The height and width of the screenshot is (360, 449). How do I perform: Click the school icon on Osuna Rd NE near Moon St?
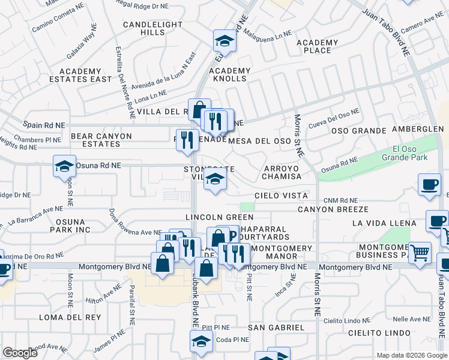65,166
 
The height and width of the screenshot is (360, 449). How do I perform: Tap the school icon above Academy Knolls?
225,41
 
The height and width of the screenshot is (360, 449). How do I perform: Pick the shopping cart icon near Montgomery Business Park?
420,252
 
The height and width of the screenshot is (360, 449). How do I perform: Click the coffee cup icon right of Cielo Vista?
429,185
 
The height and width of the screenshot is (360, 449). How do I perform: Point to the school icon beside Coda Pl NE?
200,341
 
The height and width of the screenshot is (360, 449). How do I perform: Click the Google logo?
20,353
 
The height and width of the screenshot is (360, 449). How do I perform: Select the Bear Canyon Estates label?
101,140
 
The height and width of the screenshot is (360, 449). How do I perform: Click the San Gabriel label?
276,327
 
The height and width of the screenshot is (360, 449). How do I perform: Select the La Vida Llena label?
379,223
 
